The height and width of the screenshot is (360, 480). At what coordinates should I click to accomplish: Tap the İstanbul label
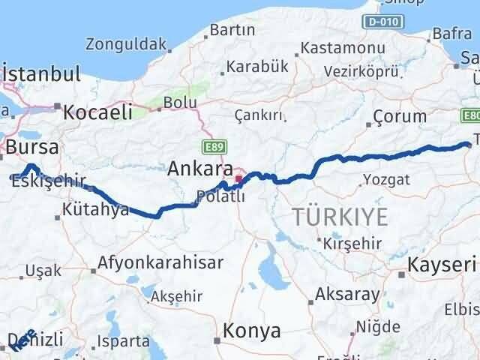[42, 75]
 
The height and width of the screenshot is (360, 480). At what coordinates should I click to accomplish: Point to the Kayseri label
[442, 264]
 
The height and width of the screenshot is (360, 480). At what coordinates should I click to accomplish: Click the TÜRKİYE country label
[340, 217]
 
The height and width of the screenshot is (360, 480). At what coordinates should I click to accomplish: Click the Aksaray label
[347, 294]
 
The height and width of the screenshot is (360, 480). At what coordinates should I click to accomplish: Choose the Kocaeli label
[97, 112]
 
